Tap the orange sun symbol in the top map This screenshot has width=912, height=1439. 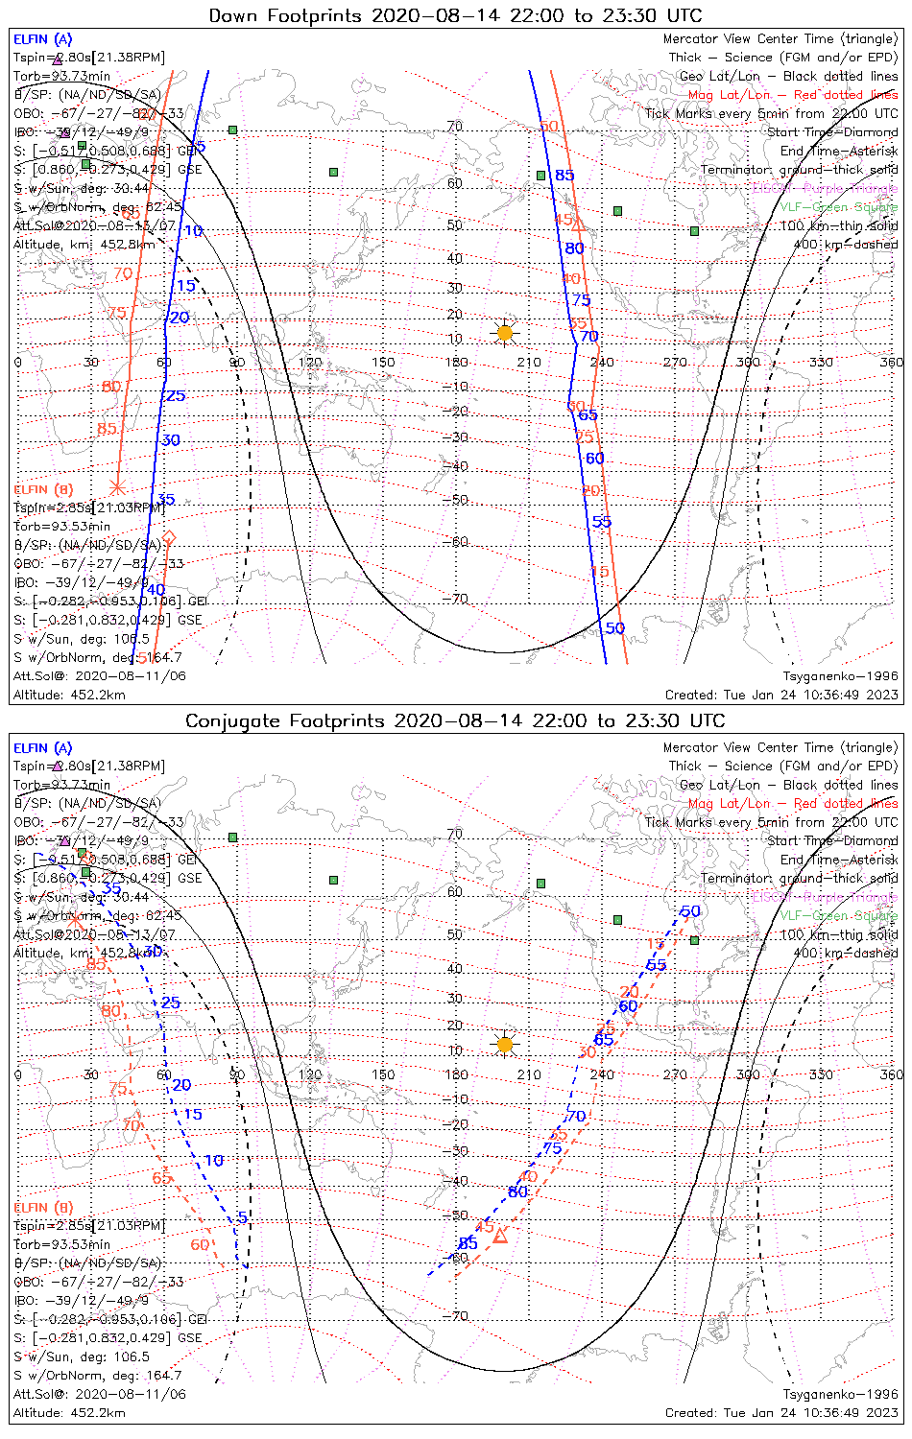(x=505, y=333)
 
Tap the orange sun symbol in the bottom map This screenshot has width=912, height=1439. (x=505, y=1045)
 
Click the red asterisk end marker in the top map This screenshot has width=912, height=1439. (x=118, y=487)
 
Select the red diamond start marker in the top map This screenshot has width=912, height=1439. (x=169, y=536)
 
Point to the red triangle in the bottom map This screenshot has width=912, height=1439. (x=500, y=1236)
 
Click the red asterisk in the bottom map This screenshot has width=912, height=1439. (x=75, y=919)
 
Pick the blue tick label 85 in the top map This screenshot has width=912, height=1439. (x=564, y=176)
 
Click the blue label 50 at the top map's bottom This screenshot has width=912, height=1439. (x=614, y=628)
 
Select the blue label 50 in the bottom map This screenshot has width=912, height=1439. (x=690, y=911)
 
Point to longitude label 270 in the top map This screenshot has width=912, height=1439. (x=675, y=363)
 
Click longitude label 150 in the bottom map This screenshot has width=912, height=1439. (x=383, y=1074)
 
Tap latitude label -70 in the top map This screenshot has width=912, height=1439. (x=459, y=600)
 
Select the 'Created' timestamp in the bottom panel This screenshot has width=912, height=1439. (x=781, y=1412)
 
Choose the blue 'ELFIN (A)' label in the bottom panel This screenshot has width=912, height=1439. (x=43, y=748)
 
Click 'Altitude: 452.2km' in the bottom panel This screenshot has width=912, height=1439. (x=69, y=1412)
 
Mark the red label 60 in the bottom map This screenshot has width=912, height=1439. (x=201, y=1245)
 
